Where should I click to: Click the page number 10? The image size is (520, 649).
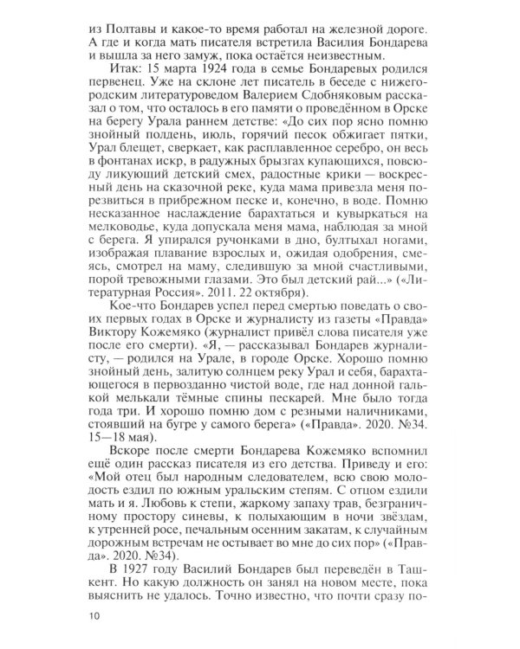point(93,617)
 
